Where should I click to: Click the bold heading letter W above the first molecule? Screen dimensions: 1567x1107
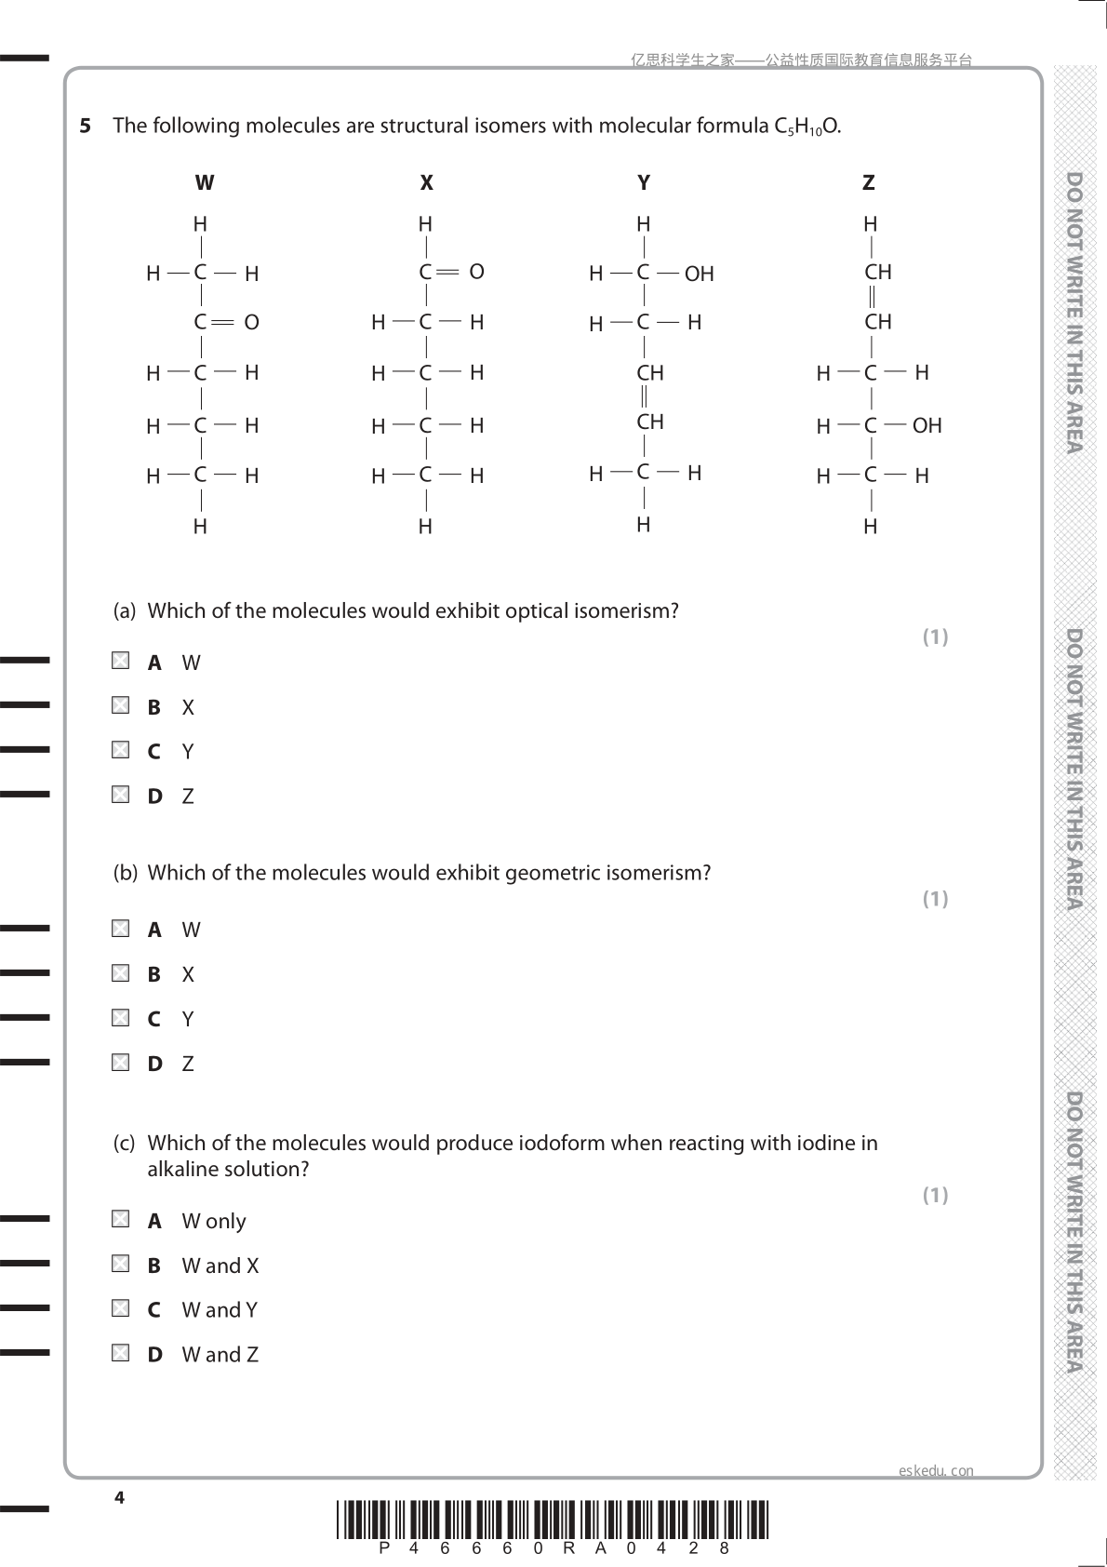pos(205,182)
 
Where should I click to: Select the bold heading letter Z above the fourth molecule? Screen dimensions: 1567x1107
pos(868,182)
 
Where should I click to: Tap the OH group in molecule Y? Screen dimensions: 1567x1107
pos(699,274)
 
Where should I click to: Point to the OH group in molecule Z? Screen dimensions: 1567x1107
pos(927,425)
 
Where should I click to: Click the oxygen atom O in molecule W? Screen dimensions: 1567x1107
pos(251,322)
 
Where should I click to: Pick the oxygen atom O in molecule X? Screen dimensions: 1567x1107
pos(476,272)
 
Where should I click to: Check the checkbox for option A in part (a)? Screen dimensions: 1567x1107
pos(121,661)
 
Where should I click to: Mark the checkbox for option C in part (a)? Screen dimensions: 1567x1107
pos(121,750)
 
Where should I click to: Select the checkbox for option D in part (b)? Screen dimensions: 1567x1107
pos(121,1062)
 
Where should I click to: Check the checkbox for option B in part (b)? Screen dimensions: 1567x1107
pos(121,973)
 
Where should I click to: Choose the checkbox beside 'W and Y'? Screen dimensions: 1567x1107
pos(121,1308)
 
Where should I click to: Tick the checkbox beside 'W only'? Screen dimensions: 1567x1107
pos(121,1219)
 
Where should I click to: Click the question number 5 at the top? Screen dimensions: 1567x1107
pos(86,126)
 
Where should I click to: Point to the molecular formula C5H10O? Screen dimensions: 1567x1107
pos(807,127)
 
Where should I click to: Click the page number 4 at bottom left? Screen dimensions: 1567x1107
pos(119,1497)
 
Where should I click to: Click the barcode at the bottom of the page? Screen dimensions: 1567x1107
pos(553,1520)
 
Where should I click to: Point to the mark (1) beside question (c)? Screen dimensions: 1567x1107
pos(935,1195)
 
